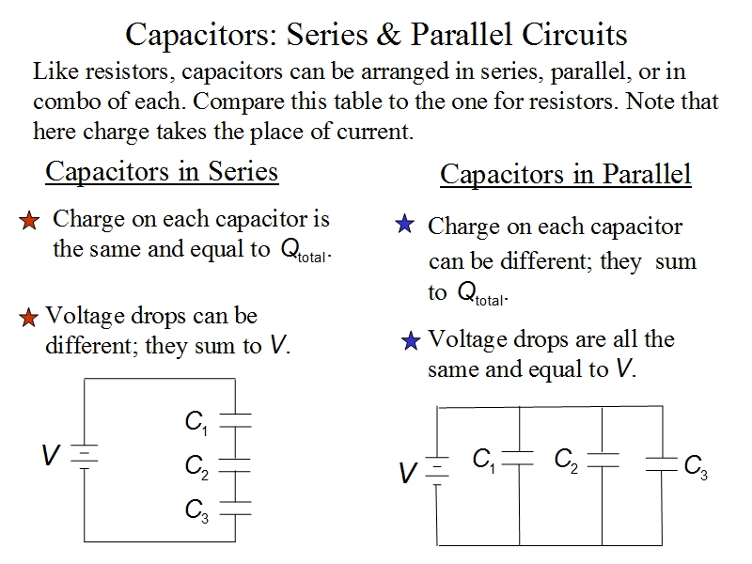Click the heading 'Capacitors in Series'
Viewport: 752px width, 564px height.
click(x=162, y=171)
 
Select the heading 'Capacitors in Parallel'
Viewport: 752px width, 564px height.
click(x=565, y=174)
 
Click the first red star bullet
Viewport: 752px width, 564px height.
click(x=30, y=222)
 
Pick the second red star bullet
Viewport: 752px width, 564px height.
click(x=30, y=318)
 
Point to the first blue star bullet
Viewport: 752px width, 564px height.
click(x=404, y=225)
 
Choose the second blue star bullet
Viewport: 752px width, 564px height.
click(x=410, y=340)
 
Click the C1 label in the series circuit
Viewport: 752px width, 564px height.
click(x=196, y=425)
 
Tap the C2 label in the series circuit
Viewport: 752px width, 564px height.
click(x=196, y=466)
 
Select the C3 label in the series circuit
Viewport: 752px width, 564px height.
click(x=196, y=509)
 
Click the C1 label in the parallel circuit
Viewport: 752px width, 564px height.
click(x=484, y=461)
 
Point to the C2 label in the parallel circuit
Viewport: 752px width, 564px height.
click(x=566, y=461)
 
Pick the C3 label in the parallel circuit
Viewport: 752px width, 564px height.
click(x=696, y=466)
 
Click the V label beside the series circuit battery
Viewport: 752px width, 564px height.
click(x=51, y=456)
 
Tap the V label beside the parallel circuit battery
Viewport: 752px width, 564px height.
click(x=407, y=473)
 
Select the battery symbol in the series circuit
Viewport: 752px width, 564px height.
click(x=86, y=456)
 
